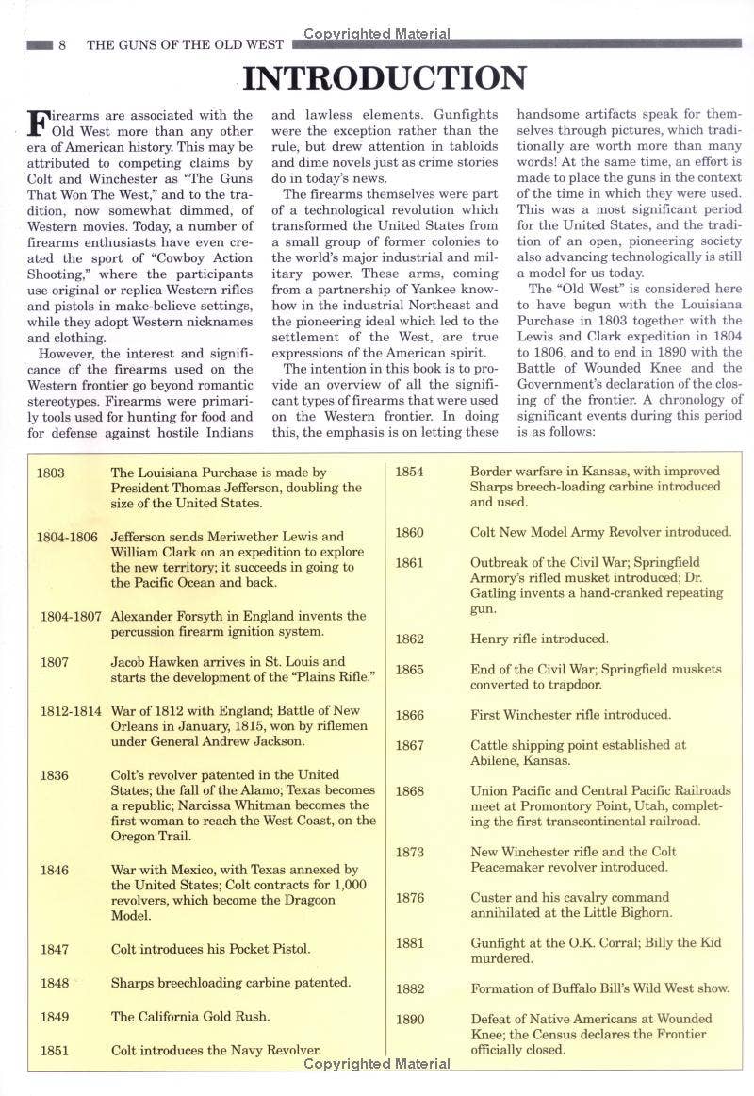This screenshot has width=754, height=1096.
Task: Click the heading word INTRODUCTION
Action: (384, 77)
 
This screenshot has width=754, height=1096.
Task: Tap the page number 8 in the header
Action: (62, 44)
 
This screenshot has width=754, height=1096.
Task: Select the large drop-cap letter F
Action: (39, 124)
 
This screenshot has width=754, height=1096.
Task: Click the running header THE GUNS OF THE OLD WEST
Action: (185, 44)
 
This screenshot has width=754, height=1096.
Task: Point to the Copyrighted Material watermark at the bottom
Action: (377, 1063)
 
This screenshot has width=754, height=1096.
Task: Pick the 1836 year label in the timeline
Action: (54, 775)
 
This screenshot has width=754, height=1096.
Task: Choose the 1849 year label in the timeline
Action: (54, 1016)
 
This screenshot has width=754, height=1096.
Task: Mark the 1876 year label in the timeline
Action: (409, 898)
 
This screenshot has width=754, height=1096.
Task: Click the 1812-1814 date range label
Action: (71, 710)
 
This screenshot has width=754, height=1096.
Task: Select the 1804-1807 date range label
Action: (71, 616)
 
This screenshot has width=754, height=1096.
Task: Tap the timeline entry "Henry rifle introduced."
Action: (539, 639)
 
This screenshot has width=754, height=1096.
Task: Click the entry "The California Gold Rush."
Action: (190, 1016)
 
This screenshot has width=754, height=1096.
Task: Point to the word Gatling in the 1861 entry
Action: (497, 593)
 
